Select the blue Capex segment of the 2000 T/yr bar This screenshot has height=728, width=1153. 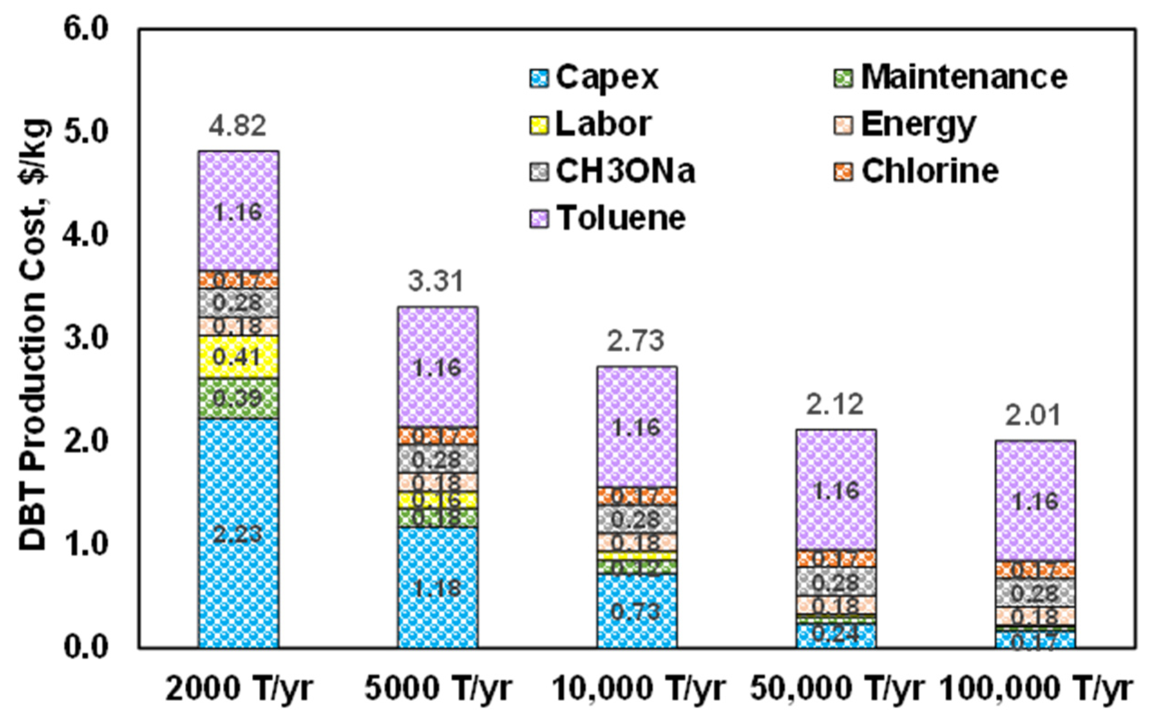[x=238, y=533]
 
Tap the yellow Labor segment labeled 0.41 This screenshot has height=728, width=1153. [x=238, y=357]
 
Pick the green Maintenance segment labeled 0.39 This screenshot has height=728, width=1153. [x=238, y=398]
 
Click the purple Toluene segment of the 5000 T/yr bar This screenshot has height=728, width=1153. [x=438, y=367]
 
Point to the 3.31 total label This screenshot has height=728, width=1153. [x=436, y=281]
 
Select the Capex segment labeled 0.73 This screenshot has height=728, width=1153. [x=637, y=611]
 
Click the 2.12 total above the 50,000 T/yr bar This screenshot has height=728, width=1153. [x=835, y=404]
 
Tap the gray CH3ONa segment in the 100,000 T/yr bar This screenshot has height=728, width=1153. [x=1035, y=592]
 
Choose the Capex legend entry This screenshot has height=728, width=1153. [x=594, y=77]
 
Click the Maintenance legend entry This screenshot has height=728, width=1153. [x=950, y=77]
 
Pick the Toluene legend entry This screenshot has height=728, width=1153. [x=608, y=218]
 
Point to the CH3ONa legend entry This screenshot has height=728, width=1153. [x=613, y=171]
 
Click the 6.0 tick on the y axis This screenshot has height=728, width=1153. [x=87, y=30]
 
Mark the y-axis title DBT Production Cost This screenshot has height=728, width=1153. [x=33, y=335]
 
